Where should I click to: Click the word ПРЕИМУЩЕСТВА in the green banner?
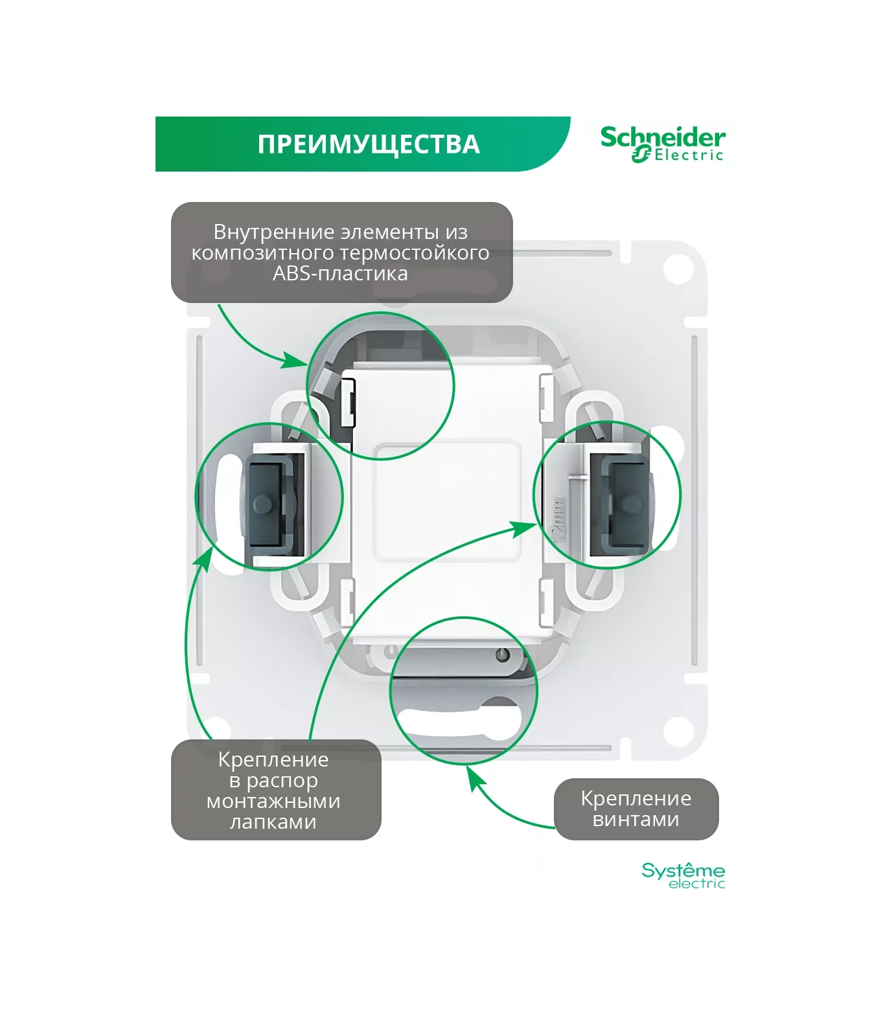[369, 144]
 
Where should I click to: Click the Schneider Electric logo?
[662, 144]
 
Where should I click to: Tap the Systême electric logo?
[683, 875]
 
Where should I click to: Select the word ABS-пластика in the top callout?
[340, 273]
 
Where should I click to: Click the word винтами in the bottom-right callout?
[636, 819]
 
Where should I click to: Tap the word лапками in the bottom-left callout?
[273, 822]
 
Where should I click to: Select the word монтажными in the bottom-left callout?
[273, 801]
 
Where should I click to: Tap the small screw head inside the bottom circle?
[501, 655]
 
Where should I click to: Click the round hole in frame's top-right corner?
[678, 268]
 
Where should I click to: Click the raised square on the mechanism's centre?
[447, 500]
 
